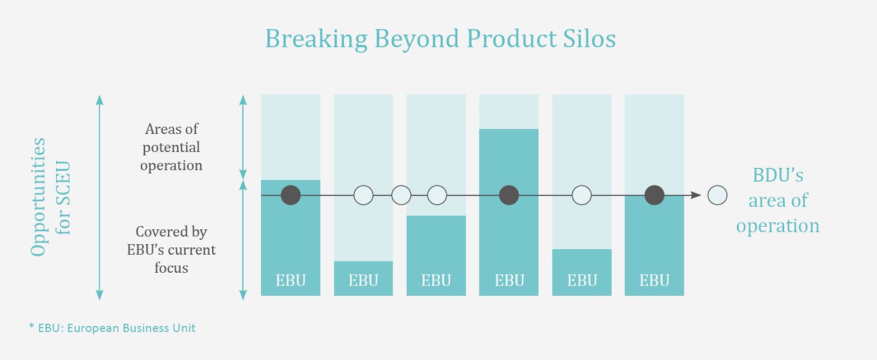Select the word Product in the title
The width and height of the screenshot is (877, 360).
[x=511, y=39]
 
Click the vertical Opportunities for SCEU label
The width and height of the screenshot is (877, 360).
[x=50, y=197]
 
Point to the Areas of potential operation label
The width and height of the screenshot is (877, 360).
[x=171, y=147]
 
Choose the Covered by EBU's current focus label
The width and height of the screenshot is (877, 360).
[x=171, y=250]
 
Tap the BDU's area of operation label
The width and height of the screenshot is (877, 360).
[x=777, y=201]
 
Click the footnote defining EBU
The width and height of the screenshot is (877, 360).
[x=112, y=328]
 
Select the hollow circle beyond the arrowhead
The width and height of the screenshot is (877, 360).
[x=718, y=196]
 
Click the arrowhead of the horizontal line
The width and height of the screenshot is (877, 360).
[x=696, y=196]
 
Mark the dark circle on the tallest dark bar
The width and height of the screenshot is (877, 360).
[x=509, y=196]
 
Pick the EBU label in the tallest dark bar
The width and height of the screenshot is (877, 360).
[x=509, y=280]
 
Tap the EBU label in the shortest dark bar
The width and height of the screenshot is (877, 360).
[x=363, y=280]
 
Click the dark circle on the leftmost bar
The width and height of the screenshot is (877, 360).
[x=290, y=196]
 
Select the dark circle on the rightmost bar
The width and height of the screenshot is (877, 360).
[x=654, y=196]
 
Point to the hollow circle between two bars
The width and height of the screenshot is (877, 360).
[x=401, y=196]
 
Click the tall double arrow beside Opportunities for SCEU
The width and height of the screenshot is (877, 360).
[x=100, y=197]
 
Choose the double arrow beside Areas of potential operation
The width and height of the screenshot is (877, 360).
[x=243, y=137]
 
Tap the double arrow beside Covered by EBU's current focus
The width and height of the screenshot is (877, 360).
[x=243, y=240]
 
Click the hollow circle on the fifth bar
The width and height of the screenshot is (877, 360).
[x=582, y=196]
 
